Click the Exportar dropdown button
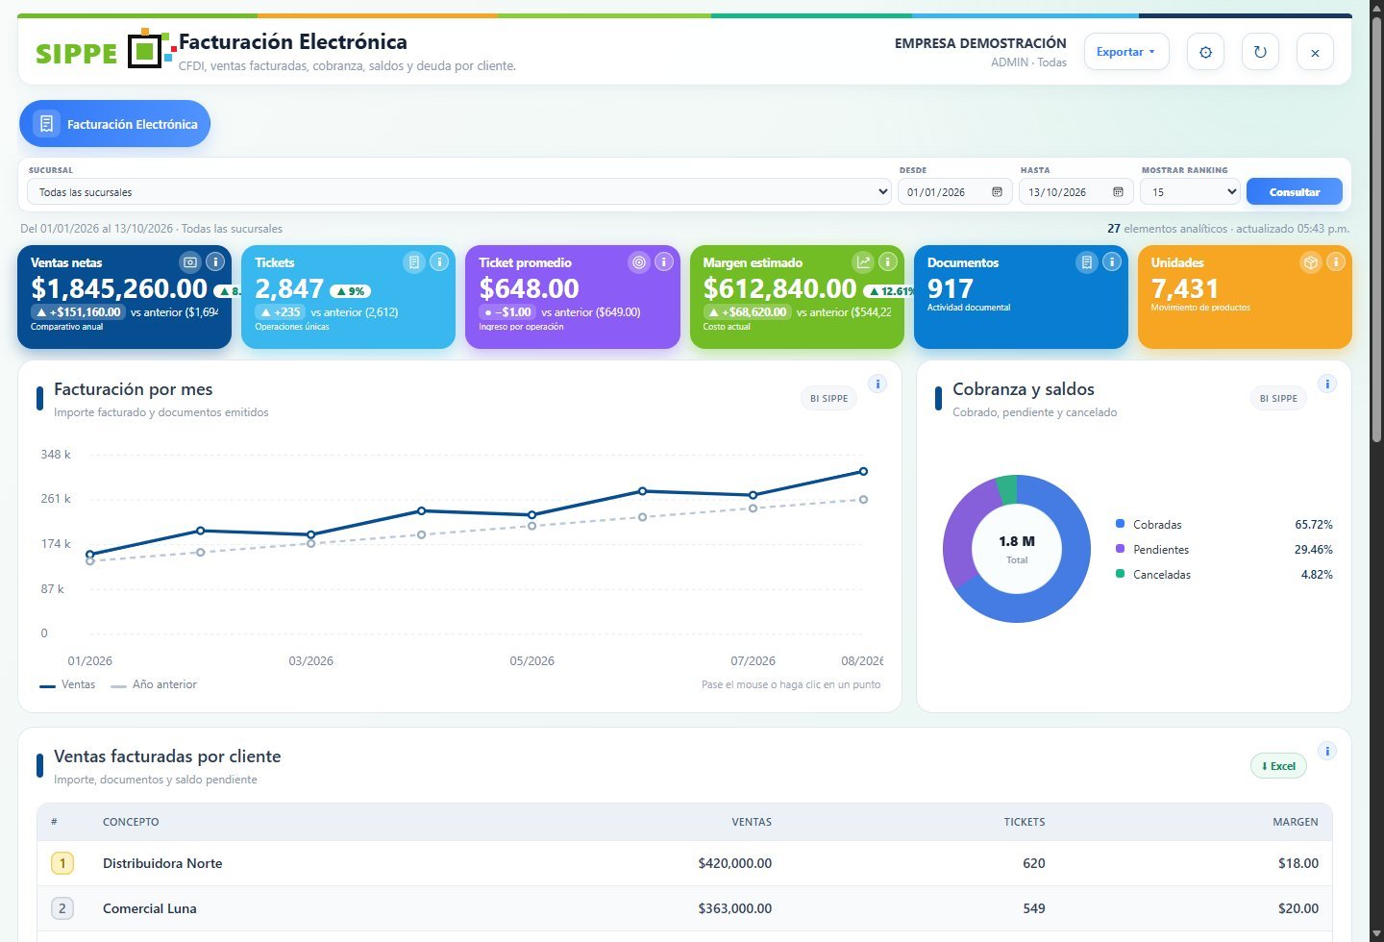[1126, 52]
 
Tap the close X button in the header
[1315, 53]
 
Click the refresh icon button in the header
[1260, 52]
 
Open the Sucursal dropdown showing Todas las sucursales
[458, 192]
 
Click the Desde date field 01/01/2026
[954, 192]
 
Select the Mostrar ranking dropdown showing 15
[1190, 192]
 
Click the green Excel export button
[1278, 766]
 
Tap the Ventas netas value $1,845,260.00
[119, 288]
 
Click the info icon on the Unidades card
[1335, 262]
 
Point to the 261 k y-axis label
[56, 498]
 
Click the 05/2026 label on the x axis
[532, 660]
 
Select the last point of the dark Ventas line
[863, 472]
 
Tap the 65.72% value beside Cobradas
[1314, 525]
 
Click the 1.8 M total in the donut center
[1017, 541]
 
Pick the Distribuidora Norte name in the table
[162, 863]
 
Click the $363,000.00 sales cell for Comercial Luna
[734, 908]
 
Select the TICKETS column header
[1024, 822]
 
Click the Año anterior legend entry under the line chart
[154, 684]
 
